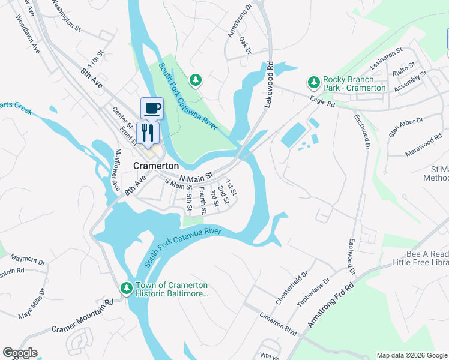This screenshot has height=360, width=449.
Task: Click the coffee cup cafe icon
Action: (152, 108)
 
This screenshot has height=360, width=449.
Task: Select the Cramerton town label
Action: (156, 165)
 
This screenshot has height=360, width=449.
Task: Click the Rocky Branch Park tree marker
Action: (313, 82)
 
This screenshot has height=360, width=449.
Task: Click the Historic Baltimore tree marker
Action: (127, 288)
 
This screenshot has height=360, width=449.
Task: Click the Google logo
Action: (20, 353)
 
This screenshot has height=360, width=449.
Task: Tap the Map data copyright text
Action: (411, 355)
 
